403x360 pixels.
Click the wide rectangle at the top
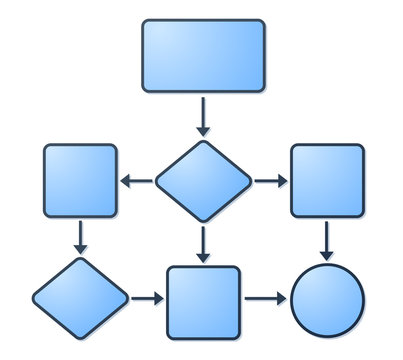(203, 56)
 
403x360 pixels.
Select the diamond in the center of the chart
(203, 181)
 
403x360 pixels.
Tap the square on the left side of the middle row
(81, 181)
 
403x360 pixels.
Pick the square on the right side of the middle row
(326, 181)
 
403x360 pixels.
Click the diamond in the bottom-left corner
(81, 298)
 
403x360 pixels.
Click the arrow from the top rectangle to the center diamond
(203, 116)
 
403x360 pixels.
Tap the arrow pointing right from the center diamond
(270, 181)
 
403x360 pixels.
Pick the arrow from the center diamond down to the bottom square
(203, 244)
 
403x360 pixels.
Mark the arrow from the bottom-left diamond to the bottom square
(147, 298)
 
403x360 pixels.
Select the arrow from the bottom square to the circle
(265, 298)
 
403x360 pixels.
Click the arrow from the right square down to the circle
(327, 240)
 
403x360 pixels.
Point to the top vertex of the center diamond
(203, 141)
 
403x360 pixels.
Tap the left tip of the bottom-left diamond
(33, 298)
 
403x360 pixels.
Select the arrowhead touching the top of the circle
(327, 256)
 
